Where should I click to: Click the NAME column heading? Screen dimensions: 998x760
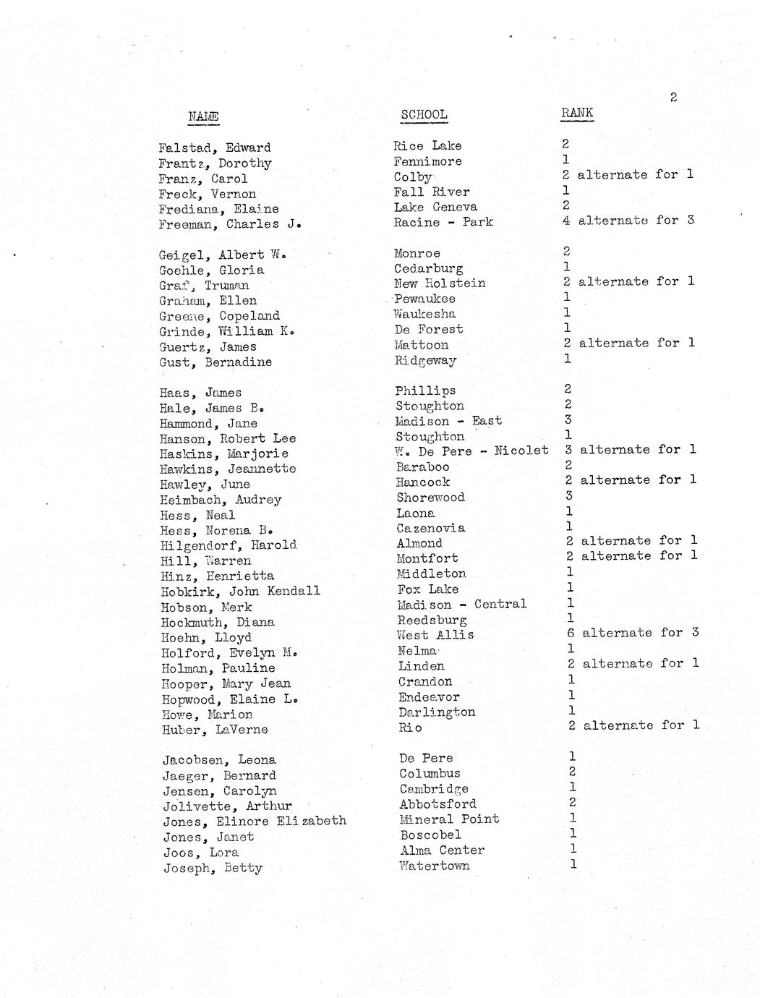[x=203, y=116]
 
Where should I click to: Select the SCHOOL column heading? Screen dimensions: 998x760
[x=424, y=114]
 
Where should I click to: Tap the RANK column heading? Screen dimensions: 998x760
[x=577, y=112]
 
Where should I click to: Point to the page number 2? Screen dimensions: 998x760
[x=673, y=97]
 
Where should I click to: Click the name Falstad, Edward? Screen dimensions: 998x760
[x=215, y=148]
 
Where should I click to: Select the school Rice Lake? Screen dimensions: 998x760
[x=427, y=146]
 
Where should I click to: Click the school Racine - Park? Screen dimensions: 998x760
[x=443, y=222]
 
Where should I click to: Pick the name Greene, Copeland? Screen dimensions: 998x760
[x=219, y=316]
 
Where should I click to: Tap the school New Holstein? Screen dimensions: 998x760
[x=440, y=283]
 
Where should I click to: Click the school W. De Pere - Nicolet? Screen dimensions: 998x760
[x=471, y=451]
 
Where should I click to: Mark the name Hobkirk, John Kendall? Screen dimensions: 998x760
[x=239, y=591]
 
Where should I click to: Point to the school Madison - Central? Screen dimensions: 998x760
[x=461, y=604]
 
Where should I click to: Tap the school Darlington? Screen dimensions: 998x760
[x=437, y=712]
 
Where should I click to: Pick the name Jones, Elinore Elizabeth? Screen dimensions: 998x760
[x=254, y=821]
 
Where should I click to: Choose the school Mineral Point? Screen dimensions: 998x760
[x=449, y=819]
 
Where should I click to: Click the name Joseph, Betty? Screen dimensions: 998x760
[x=213, y=868]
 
